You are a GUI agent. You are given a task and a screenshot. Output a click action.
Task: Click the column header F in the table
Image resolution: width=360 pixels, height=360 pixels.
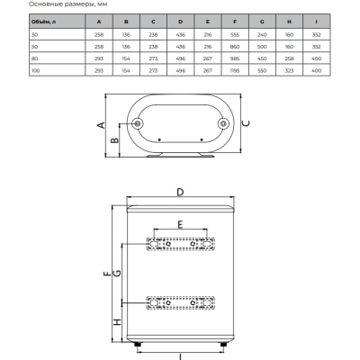click(235, 22)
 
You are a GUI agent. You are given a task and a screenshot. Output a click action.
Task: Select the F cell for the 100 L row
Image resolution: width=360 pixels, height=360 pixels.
click(235, 70)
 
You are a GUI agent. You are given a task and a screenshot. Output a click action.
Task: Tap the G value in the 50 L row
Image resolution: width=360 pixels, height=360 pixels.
click(262, 47)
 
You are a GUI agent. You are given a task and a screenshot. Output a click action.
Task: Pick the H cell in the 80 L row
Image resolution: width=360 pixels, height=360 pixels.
click(289, 58)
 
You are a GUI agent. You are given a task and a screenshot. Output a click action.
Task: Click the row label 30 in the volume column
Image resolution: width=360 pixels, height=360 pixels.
click(35, 35)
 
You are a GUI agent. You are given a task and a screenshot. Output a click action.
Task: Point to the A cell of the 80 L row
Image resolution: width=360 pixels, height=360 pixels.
click(99, 58)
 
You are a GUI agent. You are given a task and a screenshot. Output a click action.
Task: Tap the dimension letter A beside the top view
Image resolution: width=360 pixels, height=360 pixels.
click(102, 125)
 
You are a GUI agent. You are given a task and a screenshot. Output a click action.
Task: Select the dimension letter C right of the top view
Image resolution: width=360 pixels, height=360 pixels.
click(246, 123)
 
